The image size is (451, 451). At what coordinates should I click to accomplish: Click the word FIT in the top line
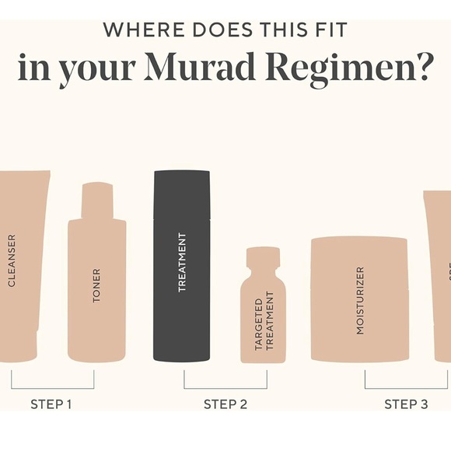coord(330,30)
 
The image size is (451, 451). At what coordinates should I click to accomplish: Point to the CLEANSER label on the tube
coord(12,260)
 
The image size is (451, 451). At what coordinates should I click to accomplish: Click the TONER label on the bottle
coord(97,285)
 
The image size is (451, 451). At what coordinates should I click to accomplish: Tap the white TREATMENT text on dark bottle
coord(182,262)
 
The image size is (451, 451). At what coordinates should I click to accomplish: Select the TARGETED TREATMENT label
coord(264,321)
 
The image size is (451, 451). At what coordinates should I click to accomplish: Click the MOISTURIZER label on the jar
coord(360,300)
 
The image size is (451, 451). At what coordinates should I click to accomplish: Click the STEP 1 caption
coord(51,404)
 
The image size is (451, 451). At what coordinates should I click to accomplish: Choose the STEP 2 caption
coord(225,404)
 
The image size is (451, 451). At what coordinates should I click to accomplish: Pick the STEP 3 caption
coord(406,404)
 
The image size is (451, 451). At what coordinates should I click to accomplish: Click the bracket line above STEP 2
coord(225,387)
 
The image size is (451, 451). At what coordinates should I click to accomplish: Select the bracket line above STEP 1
coord(52,387)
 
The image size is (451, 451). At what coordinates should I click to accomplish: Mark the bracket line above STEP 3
coord(406,387)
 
